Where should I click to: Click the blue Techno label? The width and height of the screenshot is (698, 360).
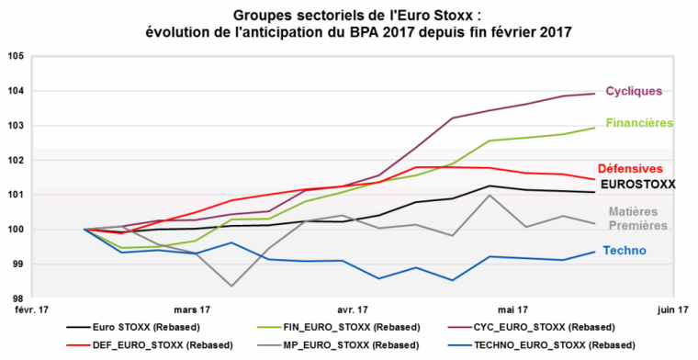pos(626,250)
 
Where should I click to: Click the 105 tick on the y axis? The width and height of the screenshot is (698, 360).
pos(16,56)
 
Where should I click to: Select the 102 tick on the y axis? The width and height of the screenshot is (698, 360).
pos(16,160)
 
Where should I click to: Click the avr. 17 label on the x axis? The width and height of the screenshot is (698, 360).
pos(352,310)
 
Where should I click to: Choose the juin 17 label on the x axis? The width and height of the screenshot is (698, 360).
pos(672,310)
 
